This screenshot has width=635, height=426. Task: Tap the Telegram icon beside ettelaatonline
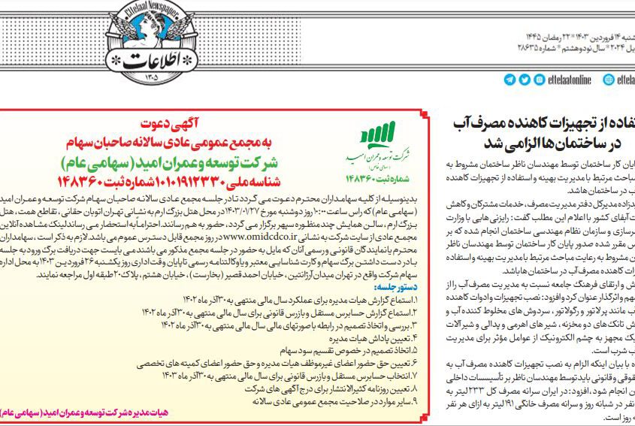pyautogui.click(x=510, y=80)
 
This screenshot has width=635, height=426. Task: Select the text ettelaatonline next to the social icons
pyautogui.click(x=567, y=80)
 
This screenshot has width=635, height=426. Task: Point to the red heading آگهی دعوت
pyautogui.click(x=175, y=123)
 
